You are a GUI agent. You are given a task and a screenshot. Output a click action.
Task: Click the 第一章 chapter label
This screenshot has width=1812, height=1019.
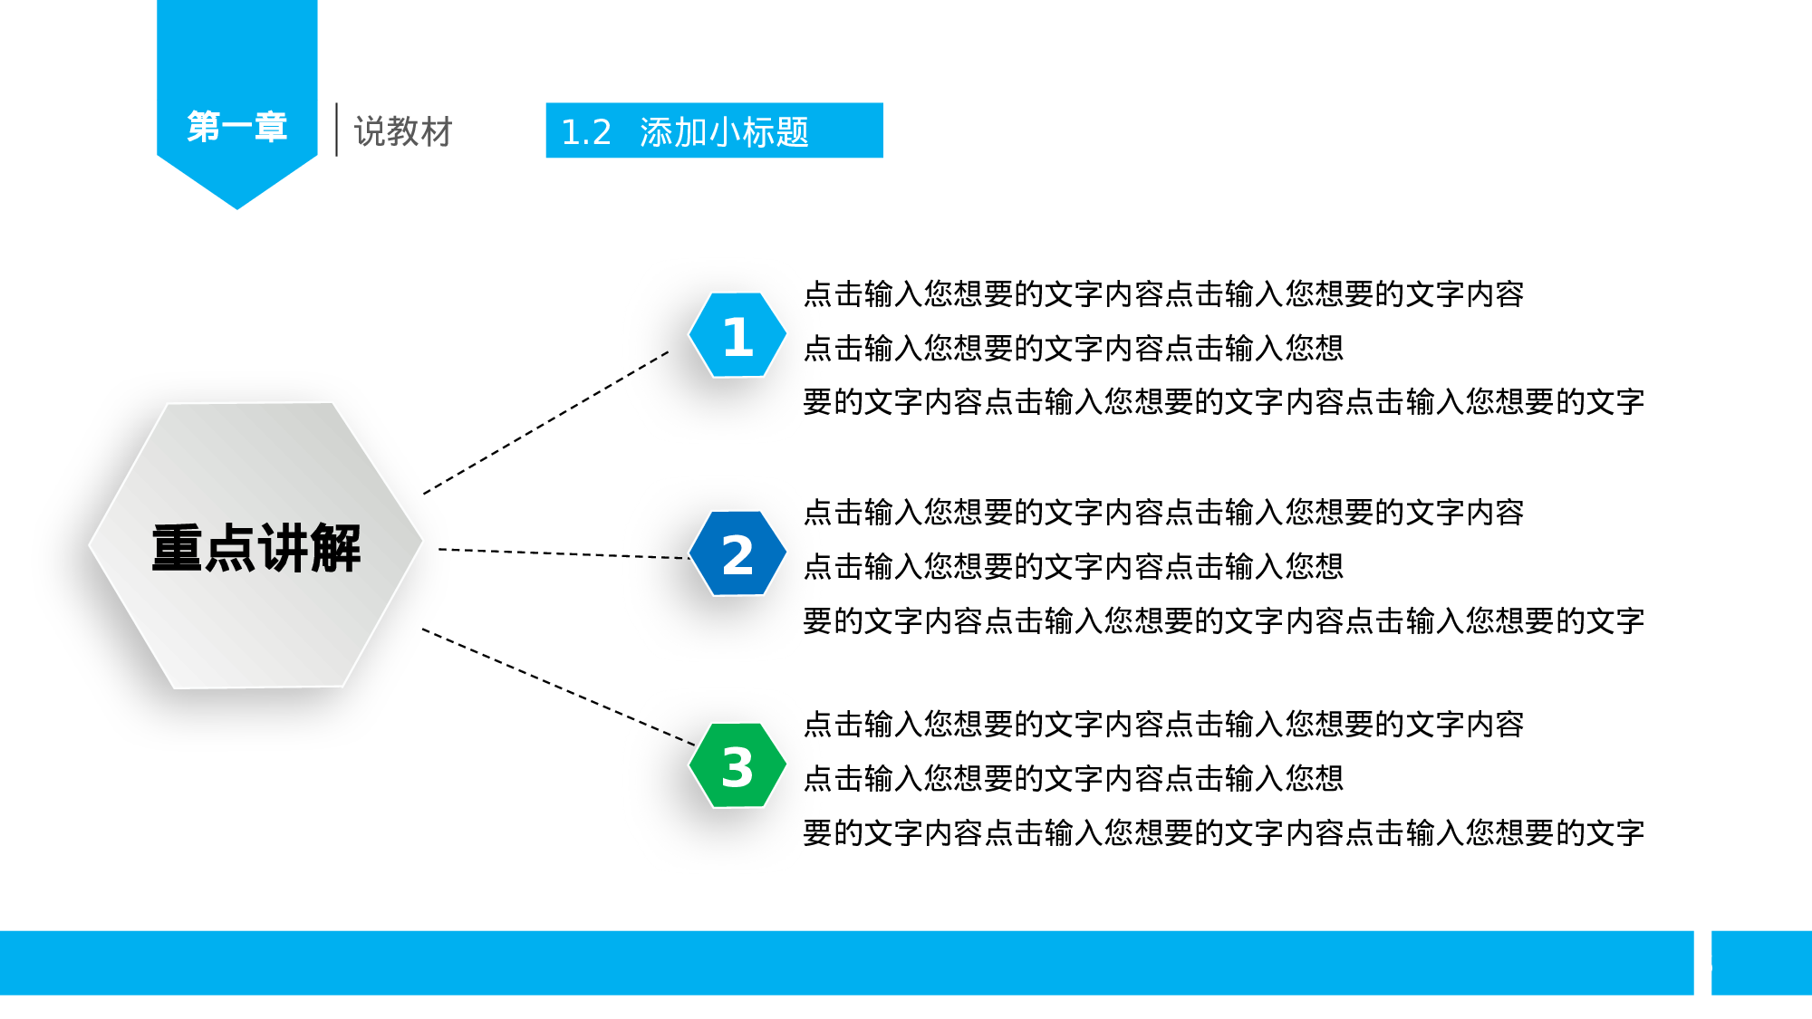pyautogui.click(x=237, y=127)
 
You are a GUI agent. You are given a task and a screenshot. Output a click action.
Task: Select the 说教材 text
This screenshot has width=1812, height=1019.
pyautogui.click(x=403, y=131)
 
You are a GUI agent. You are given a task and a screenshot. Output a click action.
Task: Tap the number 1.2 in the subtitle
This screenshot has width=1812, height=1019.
pyautogui.click(x=586, y=132)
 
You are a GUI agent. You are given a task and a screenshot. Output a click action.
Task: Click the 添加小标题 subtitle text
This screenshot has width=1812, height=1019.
pyautogui.click(x=724, y=132)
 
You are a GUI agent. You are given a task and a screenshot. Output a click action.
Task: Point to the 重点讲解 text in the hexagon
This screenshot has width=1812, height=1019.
pyautogui.click(x=256, y=548)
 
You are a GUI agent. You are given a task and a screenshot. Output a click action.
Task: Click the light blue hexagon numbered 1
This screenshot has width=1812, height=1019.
pyautogui.click(x=737, y=335)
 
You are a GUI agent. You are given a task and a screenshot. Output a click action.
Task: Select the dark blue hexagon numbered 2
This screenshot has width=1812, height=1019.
pyautogui.click(x=737, y=553)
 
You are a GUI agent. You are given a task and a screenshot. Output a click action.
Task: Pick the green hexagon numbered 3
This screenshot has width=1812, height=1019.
pyautogui.click(x=737, y=765)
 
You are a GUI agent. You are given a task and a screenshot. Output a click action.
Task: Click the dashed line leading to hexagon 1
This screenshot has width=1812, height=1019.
pyautogui.click(x=545, y=423)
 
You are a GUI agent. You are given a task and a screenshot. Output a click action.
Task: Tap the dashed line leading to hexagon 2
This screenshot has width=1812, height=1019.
pyautogui.click(x=564, y=553)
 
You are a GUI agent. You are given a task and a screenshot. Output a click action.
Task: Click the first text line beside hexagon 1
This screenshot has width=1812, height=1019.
pyautogui.click(x=1163, y=294)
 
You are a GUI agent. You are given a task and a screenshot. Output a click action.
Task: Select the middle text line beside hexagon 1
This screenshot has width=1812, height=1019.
pyautogui.click(x=1073, y=348)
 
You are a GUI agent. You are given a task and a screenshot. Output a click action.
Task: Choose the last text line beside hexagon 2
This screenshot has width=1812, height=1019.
pyautogui.click(x=1223, y=621)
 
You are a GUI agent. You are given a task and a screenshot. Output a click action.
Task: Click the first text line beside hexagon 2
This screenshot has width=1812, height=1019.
pyautogui.click(x=1163, y=513)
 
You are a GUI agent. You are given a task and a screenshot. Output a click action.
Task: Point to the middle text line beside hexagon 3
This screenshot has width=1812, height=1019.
pyautogui.click(x=1073, y=778)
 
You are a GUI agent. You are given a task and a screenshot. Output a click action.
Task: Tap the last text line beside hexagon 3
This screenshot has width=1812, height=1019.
pyautogui.click(x=1223, y=832)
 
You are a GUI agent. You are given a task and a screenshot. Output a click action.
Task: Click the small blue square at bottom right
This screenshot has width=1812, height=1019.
pyautogui.click(x=1760, y=963)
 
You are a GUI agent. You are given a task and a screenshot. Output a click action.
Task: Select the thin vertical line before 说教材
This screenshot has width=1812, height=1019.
pyautogui.click(x=336, y=130)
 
